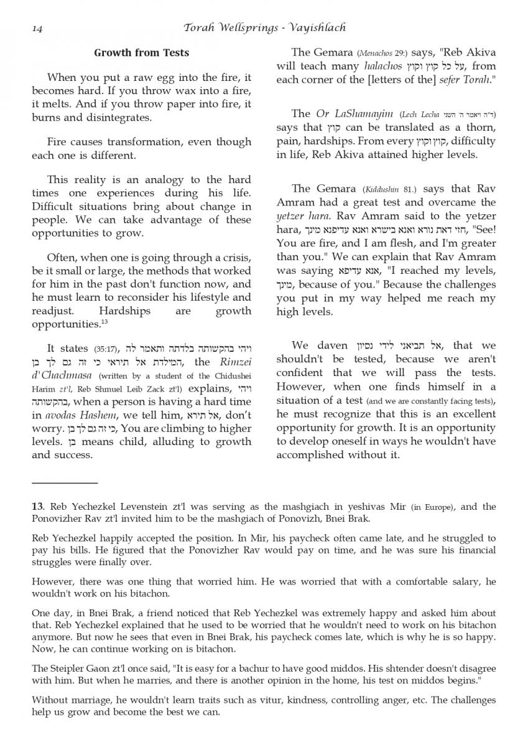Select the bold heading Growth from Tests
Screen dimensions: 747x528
[141, 53]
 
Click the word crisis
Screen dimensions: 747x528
[233, 257]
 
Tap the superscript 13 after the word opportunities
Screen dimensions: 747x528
[104, 322]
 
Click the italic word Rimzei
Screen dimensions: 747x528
[233, 362]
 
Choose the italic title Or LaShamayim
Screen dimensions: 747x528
[355, 113]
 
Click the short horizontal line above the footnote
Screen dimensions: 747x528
[65, 482]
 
